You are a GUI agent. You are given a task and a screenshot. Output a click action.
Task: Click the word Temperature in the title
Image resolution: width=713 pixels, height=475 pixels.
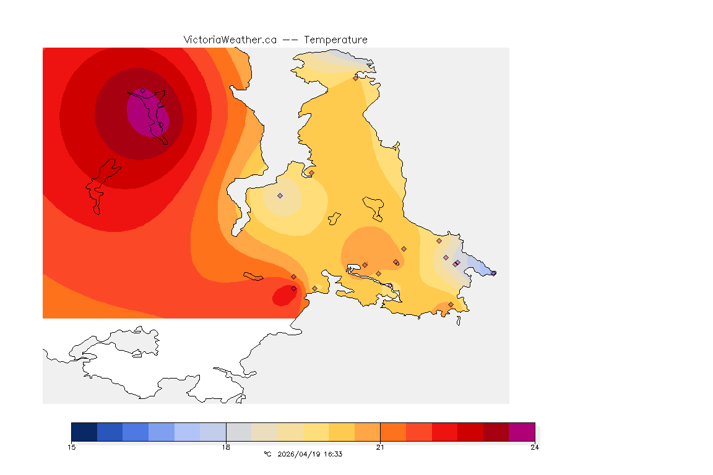pyautogui.click(x=335, y=40)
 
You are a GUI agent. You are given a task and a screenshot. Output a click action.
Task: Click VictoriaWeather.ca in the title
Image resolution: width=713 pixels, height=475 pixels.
pyautogui.click(x=230, y=40)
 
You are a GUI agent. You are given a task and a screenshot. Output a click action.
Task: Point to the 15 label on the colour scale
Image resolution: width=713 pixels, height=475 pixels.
pyautogui.click(x=72, y=447)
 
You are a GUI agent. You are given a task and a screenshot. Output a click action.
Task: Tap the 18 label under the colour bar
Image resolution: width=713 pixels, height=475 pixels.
pyautogui.click(x=226, y=447)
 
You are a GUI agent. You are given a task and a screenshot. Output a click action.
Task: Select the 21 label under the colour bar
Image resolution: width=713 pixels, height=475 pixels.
pyautogui.click(x=380, y=447)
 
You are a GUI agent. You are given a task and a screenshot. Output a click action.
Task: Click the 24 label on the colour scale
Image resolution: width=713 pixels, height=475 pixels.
pyautogui.click(x=534, y=447)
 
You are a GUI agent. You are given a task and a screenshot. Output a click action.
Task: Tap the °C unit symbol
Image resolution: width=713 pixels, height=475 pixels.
pyautogui.click(x=267, y=454)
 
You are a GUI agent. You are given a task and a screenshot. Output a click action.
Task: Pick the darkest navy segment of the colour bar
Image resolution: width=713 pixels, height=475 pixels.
pyautogui.click(x=84, y=431)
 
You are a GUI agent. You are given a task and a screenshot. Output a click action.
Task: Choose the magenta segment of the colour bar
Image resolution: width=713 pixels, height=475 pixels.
pyautogui.click(x=521, y=431)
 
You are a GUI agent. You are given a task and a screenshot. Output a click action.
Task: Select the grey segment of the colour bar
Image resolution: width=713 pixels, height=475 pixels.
pyautogui.click(x=239, y=431)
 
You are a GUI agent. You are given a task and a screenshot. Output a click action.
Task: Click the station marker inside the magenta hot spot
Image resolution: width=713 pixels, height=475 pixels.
pyautogui.click(x=142, y=91)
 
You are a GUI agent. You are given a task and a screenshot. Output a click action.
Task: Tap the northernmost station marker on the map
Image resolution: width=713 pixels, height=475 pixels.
pyautogui.click(x=355, y=78)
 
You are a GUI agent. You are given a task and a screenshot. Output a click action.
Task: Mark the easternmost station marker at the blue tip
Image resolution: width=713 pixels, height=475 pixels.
pyautogui.click(x=493, y=273)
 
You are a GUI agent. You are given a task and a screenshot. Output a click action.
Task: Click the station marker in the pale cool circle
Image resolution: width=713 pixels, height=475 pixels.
pyautogui.click(x=280, y=195)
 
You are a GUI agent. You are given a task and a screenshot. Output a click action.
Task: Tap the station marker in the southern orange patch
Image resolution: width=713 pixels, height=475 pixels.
pyautogui.click(x=450, y=304)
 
